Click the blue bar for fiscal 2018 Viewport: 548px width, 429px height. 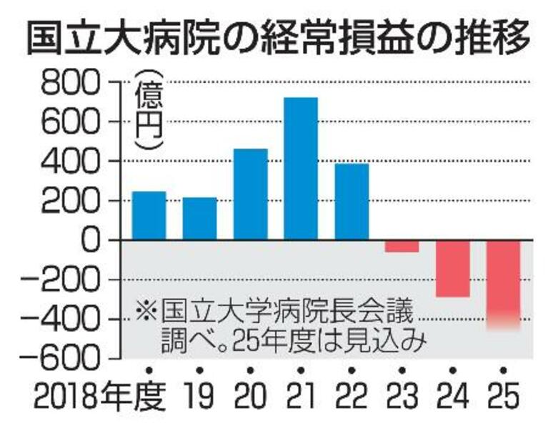(x=149, y=215)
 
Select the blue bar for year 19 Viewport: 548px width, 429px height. (x=199, y=218)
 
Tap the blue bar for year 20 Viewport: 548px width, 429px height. (x=250, y=194)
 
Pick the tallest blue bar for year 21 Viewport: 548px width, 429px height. (x=300, y=168)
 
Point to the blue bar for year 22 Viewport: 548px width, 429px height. (x=351, y=202)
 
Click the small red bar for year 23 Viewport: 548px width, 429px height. (x=402, y=246)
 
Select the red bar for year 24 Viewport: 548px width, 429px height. (x=452, y=269)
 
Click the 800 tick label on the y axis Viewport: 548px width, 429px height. (x=72, y=84)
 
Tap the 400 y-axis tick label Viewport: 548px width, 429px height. (x=72, y=162)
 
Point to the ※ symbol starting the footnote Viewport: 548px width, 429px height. (x=146, y=312)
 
